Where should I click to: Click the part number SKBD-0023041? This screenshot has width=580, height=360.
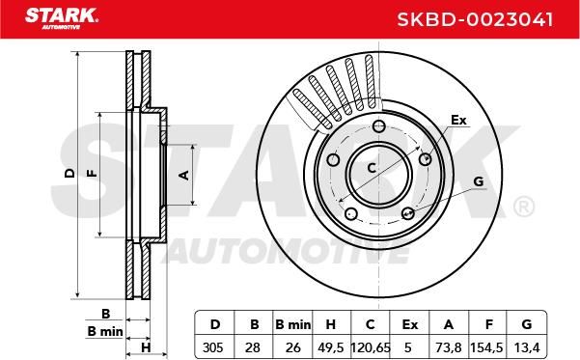[x=475, y=19]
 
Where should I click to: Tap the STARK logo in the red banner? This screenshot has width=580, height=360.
[x=62, y=18]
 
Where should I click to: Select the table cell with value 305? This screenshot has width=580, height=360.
[x=213, y=347]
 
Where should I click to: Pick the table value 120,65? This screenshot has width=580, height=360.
[x=371, y=347]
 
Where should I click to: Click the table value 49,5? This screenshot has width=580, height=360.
[x=331, y=347]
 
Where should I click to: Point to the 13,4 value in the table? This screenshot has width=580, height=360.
[x=527, y=347]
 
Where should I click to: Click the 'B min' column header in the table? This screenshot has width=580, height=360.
[x=293, y=325]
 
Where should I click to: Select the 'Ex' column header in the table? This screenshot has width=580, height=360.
[x=410, y=325]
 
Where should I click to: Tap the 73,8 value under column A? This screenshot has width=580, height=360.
[x=449, y=347]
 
